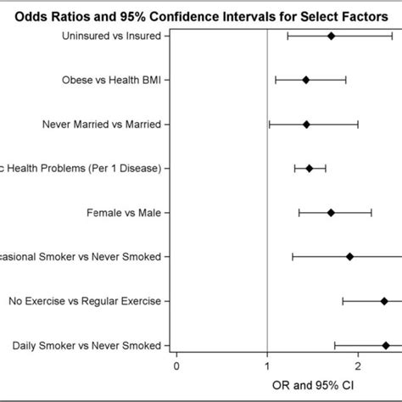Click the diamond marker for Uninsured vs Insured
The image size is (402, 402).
[x=331, y=36]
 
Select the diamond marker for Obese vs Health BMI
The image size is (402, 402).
[x=305, y=80]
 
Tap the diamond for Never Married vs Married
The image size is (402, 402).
[x=306, y=124]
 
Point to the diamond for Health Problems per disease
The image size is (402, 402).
[x=309, y=168]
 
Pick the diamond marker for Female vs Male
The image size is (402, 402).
[x=331, y=212]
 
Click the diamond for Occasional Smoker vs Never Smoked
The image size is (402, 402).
[x=349, y=256]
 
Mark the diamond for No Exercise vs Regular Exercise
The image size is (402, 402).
[x=384, y=300]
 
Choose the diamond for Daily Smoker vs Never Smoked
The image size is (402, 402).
[x=386, y=344]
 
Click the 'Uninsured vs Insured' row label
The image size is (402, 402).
[x=114, y=36]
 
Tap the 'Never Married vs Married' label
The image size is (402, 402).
[x=101, y=124]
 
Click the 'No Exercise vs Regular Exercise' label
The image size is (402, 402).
[x=84, y=300]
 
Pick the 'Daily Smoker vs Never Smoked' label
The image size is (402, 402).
[x=87, y=344]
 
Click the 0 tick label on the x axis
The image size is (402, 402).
[x=176, y=366]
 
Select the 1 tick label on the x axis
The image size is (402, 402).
[x=267, y=366]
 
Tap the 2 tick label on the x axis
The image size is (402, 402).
[x=359, y=366]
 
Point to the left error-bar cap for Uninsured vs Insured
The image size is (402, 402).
[x=288, y=36]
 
